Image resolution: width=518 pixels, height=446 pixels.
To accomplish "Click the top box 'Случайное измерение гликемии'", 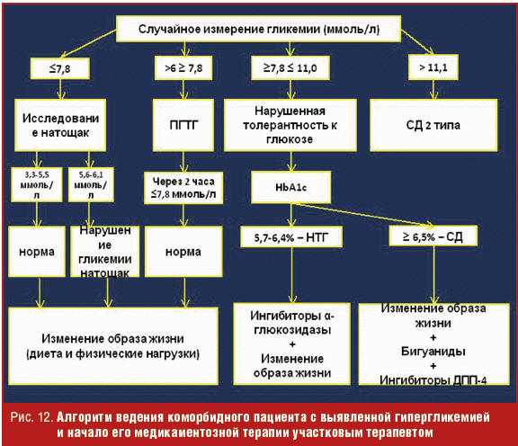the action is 258,29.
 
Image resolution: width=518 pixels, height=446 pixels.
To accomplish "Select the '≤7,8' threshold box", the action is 59,68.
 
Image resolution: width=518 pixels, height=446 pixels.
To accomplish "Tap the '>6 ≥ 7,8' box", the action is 183,67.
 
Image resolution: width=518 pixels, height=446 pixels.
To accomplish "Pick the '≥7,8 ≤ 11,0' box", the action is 290,67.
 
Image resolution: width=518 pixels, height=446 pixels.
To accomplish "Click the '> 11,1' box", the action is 433,67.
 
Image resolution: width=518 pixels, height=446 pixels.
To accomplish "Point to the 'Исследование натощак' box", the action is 60,125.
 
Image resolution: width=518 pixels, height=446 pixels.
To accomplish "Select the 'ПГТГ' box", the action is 183,125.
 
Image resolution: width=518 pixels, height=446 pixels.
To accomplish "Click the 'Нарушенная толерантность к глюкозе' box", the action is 290,125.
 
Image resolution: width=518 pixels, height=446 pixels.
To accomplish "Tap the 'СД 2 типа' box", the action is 433,125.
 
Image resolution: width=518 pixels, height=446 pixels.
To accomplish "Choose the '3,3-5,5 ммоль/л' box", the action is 37,184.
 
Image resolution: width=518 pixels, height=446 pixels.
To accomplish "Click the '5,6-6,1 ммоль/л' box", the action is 91,184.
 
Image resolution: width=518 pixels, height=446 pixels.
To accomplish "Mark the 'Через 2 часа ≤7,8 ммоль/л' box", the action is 183,187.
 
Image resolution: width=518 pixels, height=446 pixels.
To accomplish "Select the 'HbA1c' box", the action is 290,187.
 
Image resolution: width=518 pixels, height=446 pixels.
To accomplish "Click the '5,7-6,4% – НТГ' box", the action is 291,236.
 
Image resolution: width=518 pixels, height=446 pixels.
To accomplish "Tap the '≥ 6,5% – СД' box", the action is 433,236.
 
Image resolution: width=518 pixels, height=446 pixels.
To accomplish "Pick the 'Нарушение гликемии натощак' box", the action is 104,252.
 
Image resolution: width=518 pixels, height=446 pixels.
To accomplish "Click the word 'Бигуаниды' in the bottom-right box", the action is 433,352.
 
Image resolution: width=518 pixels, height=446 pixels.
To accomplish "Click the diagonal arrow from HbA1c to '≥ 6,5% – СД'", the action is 362,216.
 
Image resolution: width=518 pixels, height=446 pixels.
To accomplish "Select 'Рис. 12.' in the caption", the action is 32,417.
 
